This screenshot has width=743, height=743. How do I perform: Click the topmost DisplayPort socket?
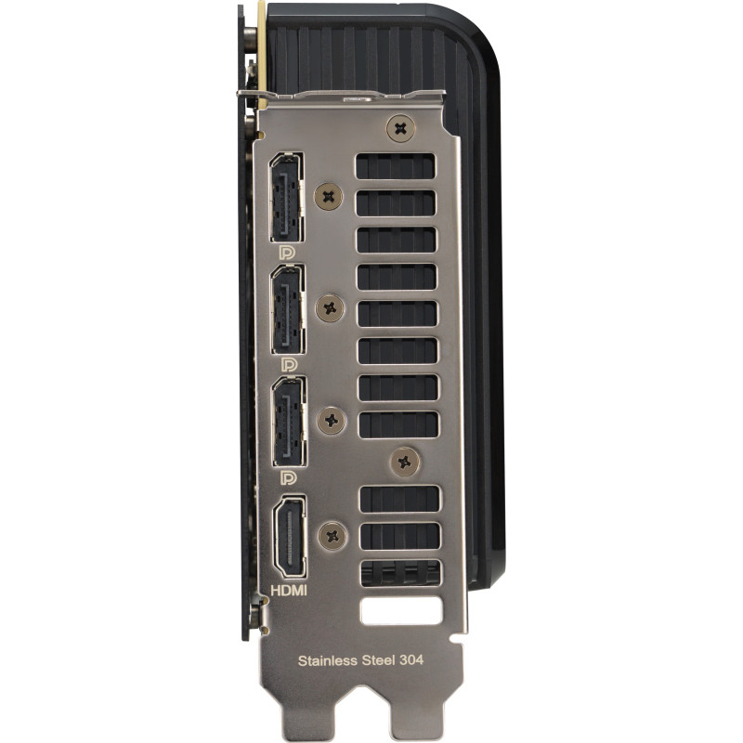[286, 198]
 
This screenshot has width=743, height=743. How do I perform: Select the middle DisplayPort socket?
[286, 308]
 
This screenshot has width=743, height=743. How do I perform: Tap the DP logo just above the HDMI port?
[288, 477]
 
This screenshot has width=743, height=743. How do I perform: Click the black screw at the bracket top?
[400, 129]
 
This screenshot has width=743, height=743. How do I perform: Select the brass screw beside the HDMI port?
[332, 533]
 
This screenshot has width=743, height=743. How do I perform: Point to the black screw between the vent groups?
[404, 460]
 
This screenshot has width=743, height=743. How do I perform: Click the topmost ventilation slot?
[395, 167]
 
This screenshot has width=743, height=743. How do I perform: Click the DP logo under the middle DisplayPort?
[288, 365]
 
